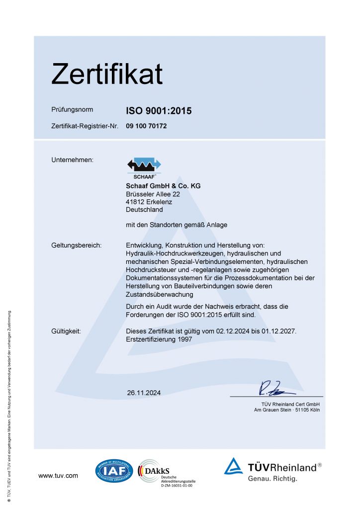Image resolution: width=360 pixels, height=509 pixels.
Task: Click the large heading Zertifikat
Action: [x=107, y=74]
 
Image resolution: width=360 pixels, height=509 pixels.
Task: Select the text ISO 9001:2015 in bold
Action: [x=159, y=111]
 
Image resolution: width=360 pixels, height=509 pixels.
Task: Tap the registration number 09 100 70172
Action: [x=147, y=126]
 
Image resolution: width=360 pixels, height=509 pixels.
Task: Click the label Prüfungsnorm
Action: [x=72, y=109]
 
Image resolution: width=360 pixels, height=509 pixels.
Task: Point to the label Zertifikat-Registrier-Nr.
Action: [x=85, y=126]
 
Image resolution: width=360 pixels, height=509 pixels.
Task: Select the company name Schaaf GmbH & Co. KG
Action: [x=164, y=186]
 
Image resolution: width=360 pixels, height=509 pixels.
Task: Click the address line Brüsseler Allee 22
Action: [x=153, y=194]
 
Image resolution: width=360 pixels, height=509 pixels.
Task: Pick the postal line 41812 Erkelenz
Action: [x=149, y=202]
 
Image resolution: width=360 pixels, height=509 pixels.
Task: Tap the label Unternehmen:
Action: [x=73, y=160]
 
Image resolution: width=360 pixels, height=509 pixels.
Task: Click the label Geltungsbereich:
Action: [x=77, y=245]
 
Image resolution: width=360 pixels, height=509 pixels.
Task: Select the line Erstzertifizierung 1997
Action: [x=160, y=339]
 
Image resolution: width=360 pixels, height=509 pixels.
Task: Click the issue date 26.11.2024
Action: [x=144, y=393]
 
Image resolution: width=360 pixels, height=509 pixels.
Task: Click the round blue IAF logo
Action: [x=114, y=471]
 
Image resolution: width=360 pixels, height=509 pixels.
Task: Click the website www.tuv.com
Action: [x=58, y=476]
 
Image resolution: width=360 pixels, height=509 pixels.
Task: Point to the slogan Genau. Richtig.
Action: [x=272, y=479]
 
